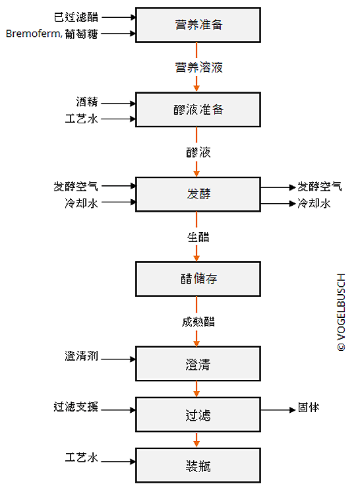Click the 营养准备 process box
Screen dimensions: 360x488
(x=198, y=25)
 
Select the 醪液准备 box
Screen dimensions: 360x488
(x=198, y=109)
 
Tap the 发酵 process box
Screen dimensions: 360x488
(x=198, y=194)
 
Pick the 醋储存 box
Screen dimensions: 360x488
(x=198, y=279)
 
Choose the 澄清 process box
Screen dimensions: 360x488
(x=198, y=363)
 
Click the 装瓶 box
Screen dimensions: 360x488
(x=198, y=466)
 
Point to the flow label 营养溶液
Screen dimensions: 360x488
(x=199, y=67)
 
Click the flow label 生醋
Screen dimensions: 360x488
(x=198, y=237)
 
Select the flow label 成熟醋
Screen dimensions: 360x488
(x=198, y=322)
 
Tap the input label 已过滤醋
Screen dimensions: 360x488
(x=76, y=16)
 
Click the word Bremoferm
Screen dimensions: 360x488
(x=33, y=33)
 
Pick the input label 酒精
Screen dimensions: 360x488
(x=87, y=102)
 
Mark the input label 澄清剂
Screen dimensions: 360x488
(x=81, y=355)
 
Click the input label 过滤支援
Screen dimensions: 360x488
(x=76, y=406)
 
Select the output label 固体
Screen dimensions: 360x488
(x=309, y=407)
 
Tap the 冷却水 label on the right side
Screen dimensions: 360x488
(x=314, y=203)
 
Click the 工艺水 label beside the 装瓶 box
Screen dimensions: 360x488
(x=81, y=458)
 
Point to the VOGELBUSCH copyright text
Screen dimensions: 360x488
(x=341, y=313)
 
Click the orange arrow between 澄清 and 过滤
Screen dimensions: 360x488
(x=196, y=389)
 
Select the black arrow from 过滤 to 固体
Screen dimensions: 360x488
(x=278, y=410)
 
